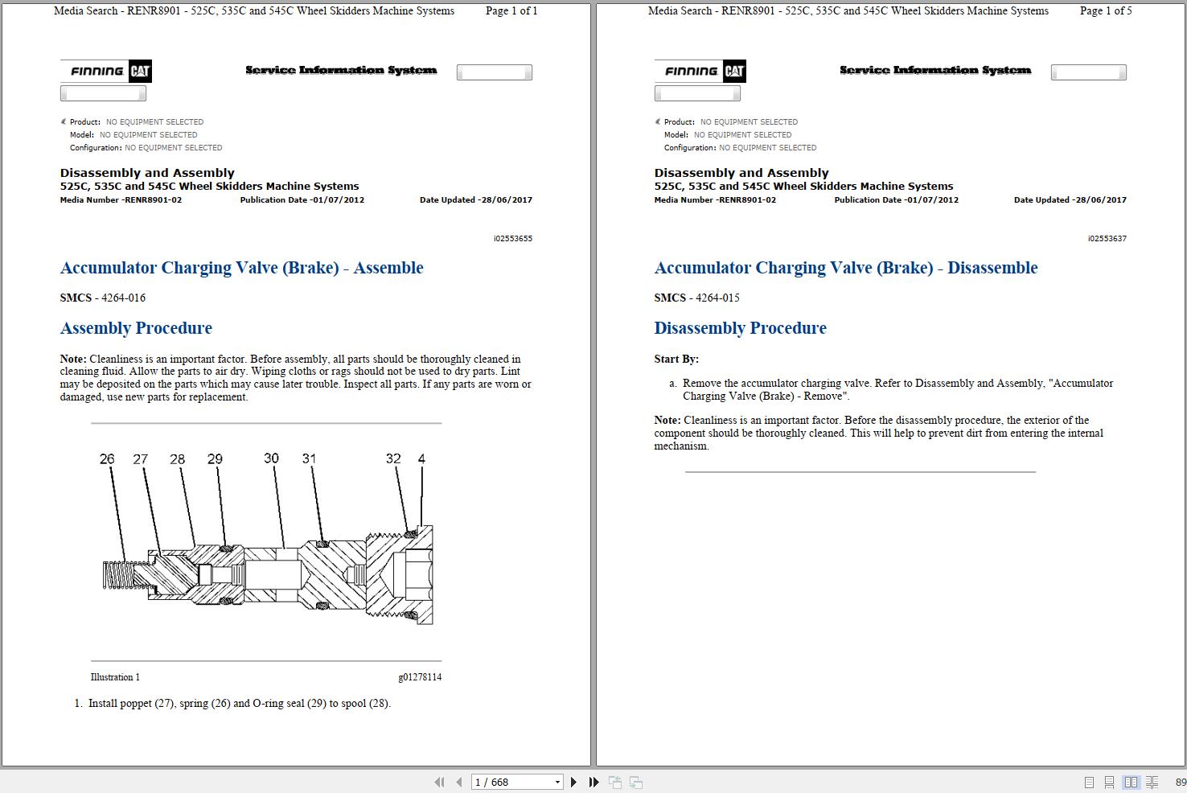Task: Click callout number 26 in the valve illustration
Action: pyautogui.click(x=107, y=459)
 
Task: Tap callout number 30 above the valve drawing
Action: pyautogui.click(x=271, y=458)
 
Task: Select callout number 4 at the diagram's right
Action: pyautogui.click(x=421, y=459)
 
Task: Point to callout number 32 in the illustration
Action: pyautogui.click(x=392, y=459)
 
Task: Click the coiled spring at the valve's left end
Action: pyautogui.click(x=117, y=574)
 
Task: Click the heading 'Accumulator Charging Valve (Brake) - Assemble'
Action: pyautogui.click(x=241, y=268)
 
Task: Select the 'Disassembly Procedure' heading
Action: pyautogui.click(x=740, y=328)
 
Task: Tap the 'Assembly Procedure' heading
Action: pyautogui.click(x=136, y=328)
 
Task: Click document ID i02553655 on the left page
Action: pyautogui.click(x=512, y=239)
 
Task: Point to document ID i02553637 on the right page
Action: pyautogui.click(x=1107, y=239)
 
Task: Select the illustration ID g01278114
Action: pyautogui.click(x=419, y=677)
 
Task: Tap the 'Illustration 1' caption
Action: pyautogui.click(x=115, y=677)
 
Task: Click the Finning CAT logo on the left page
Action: pyautogui.click(x=105, y=71)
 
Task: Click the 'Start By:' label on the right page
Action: pyautogui.click(x=676, y=360)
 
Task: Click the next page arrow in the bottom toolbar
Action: pyautogui.click(x=573, y=782)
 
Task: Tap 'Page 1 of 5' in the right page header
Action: pyautogui.click(x=1105, y=11)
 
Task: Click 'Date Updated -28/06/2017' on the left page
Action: pyautogui.click(x=475, y=200)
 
